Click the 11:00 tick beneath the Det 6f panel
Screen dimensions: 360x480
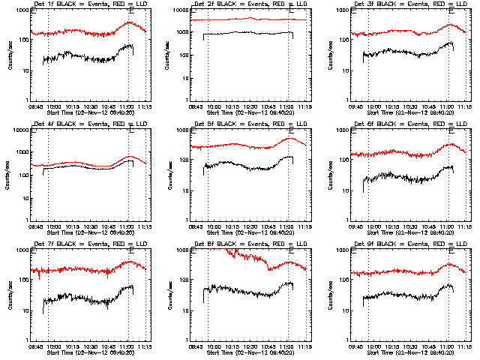point(447,226)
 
